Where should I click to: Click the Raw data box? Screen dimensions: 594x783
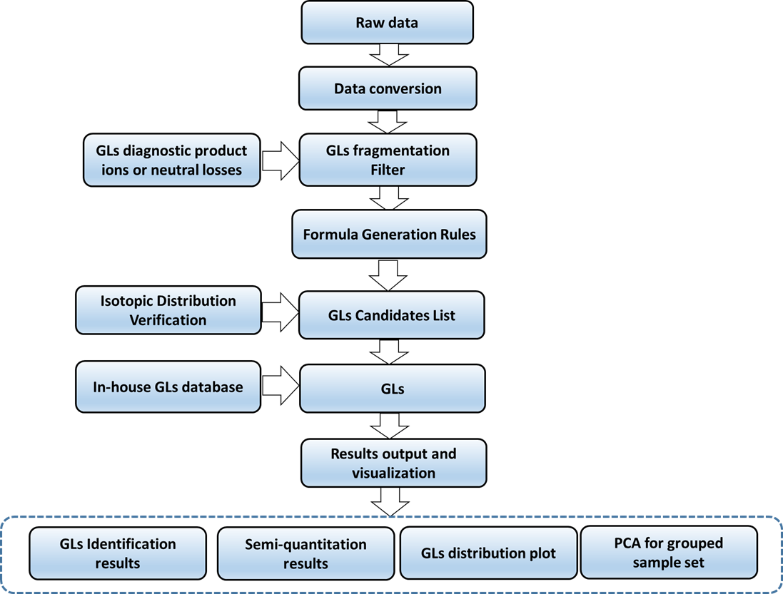point(388,22)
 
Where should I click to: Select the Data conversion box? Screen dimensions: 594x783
point(388,89)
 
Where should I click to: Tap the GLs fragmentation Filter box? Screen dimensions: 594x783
point(388,160)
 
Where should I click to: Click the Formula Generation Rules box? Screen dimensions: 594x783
point(389,234)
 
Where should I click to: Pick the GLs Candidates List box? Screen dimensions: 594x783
point(391,314)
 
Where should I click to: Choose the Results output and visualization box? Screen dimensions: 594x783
point(393,463)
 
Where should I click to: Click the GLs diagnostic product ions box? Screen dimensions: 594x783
point(171,160)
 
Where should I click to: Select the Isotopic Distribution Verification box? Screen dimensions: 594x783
point(168,310)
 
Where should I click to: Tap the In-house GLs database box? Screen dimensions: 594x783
point(168,387)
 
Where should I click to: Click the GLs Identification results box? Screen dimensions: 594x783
point(118,553)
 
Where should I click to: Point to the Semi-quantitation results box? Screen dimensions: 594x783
point(305,553)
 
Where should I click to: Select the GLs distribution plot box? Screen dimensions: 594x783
point(488,553)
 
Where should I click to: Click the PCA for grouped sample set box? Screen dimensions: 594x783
point(669,553)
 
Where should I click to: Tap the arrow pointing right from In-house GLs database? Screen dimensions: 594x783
point(279,388)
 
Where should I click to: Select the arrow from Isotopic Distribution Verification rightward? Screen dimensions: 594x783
point(279,313)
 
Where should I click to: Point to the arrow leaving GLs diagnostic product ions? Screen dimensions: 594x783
point(279,160)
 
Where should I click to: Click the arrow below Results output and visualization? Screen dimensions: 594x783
point(390,501)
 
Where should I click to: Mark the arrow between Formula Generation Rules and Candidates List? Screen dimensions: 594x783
point(388,275)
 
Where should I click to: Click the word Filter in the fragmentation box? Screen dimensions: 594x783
point(388,170)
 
